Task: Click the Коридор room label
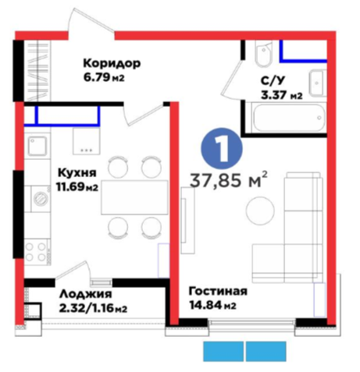(x=112, y=64)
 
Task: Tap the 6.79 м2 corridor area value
(x=104, y=77)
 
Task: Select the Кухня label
(x=77, y=172)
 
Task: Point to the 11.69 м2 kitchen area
(x=77, y=186)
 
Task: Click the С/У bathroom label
(x=273, y=81)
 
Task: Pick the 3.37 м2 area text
(x=282, y=95)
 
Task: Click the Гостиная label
(x=218, y=291)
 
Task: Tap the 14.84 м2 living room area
(x=212, y=305)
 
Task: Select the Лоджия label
(x=86, y=294)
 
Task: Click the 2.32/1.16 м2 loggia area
(x=93, y=309)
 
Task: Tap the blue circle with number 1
(x=222, y=148)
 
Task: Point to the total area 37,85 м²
(x=229, y=180)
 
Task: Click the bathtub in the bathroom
(x=289, y=118)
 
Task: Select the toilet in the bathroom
(x=264, y=55)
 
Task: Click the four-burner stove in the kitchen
(x=36, y=252)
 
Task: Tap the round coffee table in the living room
(x=260, y=210)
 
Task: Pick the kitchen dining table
(x=134, y=197)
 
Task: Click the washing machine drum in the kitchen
(x=41, y=199)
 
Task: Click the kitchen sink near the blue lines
(x=37, y=146)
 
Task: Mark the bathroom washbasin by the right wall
(x=317, y=83)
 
